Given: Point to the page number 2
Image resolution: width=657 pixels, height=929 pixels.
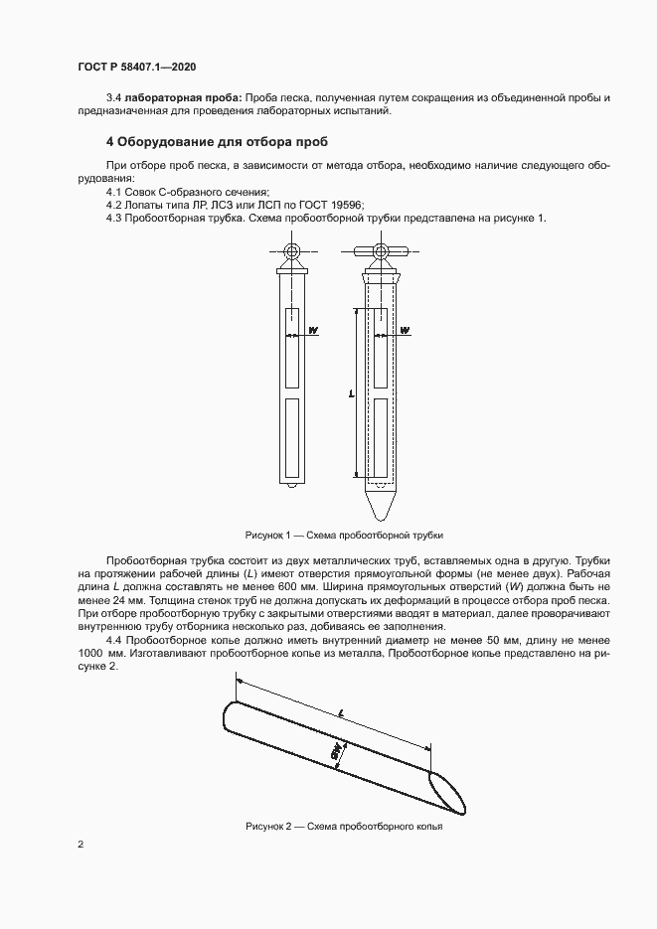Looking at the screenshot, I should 81,845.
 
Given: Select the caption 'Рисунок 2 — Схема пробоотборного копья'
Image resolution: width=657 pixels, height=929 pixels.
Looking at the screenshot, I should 342,827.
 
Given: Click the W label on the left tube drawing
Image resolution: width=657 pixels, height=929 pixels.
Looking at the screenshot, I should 313,330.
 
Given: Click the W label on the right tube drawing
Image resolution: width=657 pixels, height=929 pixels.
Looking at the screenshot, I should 405,330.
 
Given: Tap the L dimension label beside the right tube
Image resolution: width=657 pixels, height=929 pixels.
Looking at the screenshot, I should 352,393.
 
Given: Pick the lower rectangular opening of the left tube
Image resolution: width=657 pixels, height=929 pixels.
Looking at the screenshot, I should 292,436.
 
